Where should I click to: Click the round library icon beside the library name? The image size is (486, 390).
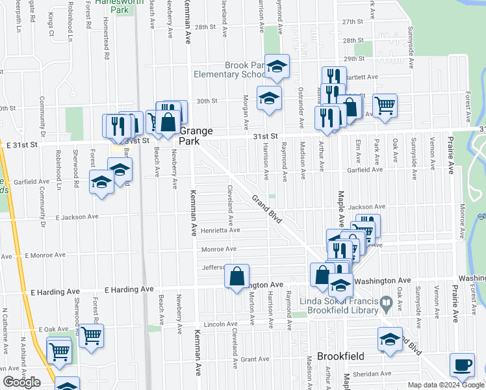[385, 301]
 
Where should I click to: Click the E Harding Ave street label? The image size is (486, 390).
[129, 289]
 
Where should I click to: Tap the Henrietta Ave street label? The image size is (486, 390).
[221, 230]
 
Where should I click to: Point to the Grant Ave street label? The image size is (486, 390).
[255, 359]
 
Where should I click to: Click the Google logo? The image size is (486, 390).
[21, 382]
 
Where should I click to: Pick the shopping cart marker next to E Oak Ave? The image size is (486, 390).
[91, 336]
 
